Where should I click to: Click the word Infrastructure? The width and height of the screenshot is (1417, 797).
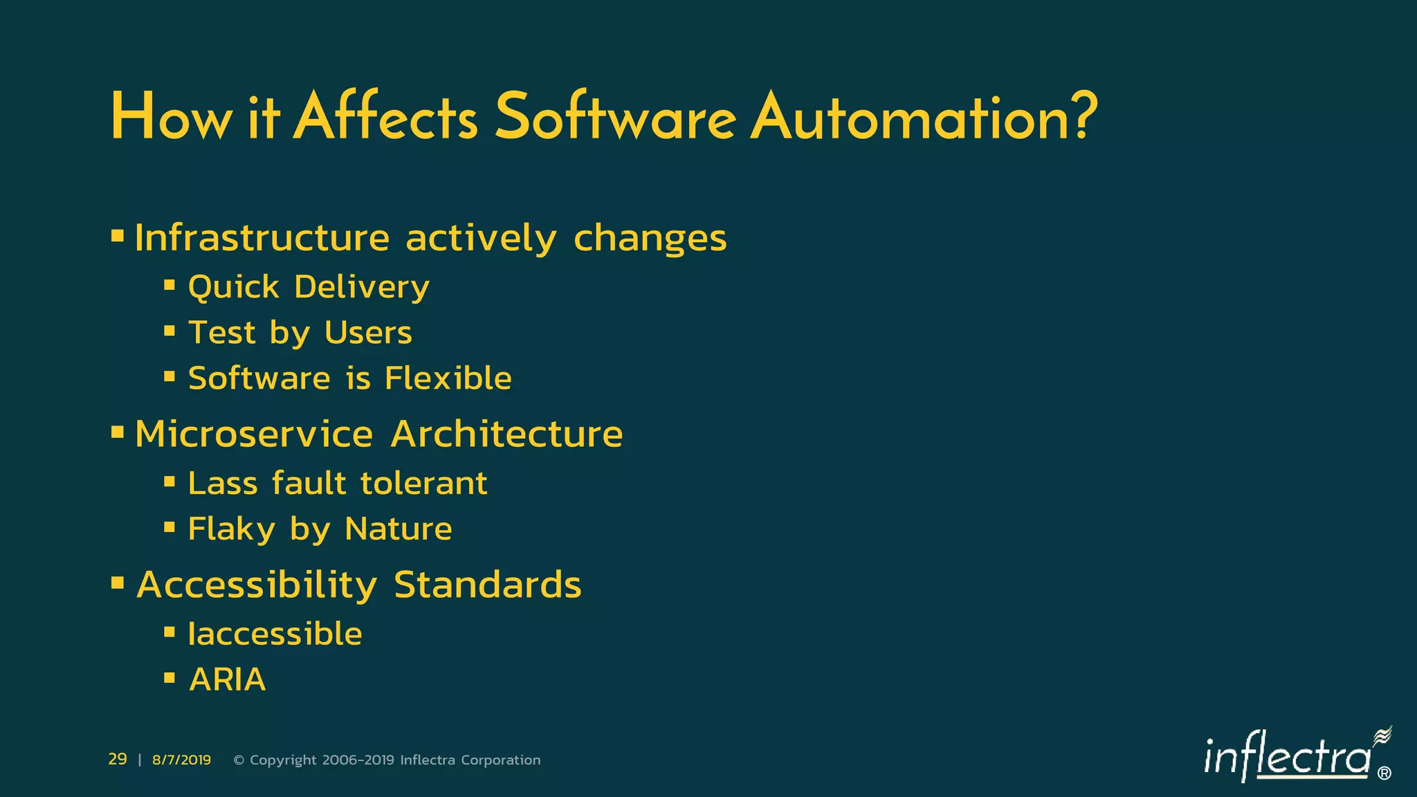[x=262, y=238]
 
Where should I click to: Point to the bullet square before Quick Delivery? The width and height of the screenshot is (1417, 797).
[x=170, y=284]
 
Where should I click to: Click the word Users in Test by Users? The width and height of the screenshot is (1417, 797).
[x=368, y=333]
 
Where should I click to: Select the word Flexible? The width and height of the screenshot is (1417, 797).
[x=448, y=378]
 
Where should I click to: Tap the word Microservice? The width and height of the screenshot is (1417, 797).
[x=254, y=434]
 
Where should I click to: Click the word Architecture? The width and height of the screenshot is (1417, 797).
[x=506, y=434]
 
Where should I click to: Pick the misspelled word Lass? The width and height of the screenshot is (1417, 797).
[x=223, y=483]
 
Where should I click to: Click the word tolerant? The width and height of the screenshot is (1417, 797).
[x=423, y=483]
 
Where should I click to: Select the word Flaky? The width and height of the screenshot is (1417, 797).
[x=232, y=529]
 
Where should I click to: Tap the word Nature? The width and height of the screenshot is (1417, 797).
[x=398, y=529]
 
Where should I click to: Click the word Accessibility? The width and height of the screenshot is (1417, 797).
[x=257, y=585]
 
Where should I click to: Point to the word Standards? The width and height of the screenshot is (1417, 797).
[x=487, y=585]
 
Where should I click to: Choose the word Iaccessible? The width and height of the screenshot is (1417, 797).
[x=275, y=634]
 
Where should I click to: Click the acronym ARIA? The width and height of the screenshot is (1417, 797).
[x=228, y=679]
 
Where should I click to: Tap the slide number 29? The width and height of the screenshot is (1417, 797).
[x=118, y=759]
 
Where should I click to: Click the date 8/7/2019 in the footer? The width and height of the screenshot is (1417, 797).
[x=181, y=760]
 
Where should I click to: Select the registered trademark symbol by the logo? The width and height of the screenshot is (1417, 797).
[x=1384, y=773]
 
